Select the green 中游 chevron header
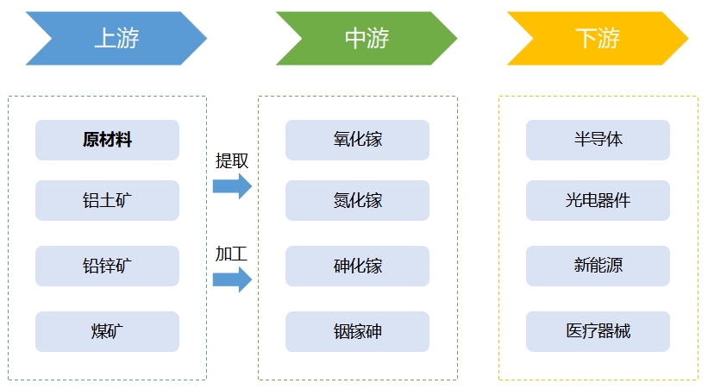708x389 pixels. click(x=367, y=38)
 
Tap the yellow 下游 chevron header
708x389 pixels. click(x=597, y=38)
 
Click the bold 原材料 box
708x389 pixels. click(x=107, y=140)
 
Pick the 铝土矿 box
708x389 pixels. click(x=107, y=200)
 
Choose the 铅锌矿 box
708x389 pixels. click(x=107, y=266)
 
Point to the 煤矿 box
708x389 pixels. click(x=107, y=331)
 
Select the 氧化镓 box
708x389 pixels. click(x=357, y=140)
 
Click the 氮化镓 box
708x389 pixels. click(x=357, y=200)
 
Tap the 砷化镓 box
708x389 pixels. click(x=357, y=266)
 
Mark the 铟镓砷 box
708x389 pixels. click(x=357, y=331)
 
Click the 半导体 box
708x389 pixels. click(x=598, y=140)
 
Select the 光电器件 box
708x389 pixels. click(x=598, y=200)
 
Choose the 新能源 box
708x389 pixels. click(x=598, y=266)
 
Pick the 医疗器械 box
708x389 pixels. click(x=598, y=331)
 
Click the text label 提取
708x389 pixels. click(x=232, y=160)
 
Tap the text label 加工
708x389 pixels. click(x=231, y=254)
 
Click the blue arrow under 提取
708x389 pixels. click(x=232, y=185)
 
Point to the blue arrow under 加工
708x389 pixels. click(x=232, y=279)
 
